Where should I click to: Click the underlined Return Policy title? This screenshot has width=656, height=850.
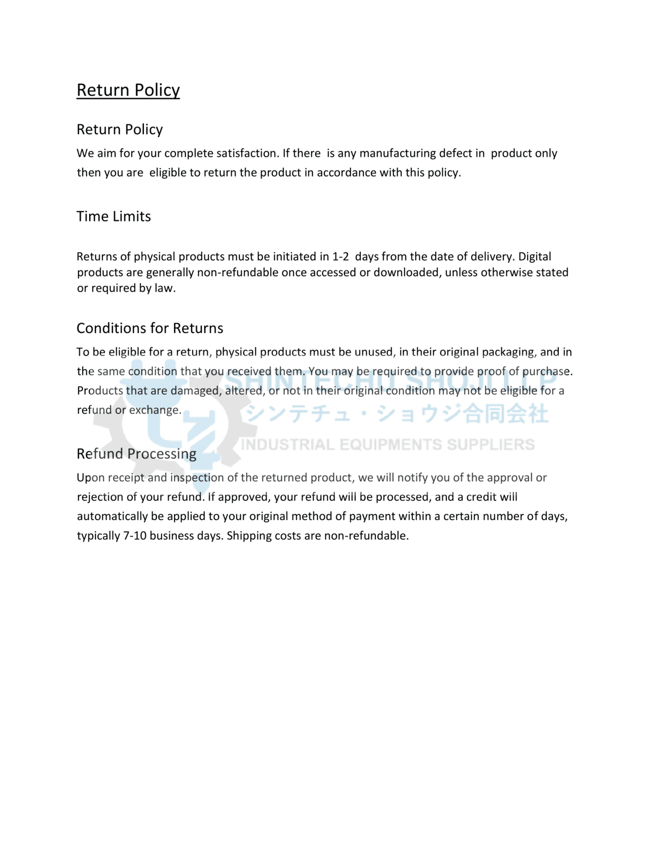128,90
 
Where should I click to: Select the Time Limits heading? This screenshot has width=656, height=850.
114,216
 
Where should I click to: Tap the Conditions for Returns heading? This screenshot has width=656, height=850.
150,328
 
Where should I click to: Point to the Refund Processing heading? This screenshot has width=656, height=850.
136,453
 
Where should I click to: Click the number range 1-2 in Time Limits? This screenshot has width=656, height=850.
340,257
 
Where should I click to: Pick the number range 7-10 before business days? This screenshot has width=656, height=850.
135,535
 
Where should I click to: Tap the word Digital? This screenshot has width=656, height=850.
534,257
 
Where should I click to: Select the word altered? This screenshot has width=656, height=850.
244,390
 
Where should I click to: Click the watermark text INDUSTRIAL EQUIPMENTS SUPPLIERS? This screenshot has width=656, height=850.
388,445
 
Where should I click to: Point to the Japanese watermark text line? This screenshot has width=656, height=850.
397,414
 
